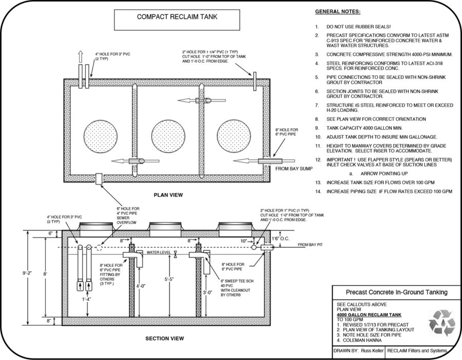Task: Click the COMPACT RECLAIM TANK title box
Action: pos(177,16)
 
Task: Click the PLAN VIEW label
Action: pos(168,195)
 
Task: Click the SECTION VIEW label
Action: pos(165,339)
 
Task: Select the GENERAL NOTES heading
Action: pos(337,11)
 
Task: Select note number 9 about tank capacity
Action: pos(362,127)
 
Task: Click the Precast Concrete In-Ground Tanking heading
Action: pos(389,292)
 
